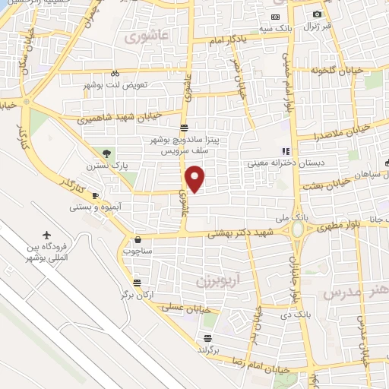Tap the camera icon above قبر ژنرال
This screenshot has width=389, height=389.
pos(317,14)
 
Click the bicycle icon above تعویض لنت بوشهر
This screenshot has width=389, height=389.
pos(115,74)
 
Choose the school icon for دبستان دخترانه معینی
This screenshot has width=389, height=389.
pos(286,152)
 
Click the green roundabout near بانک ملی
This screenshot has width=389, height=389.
pos(298,228)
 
